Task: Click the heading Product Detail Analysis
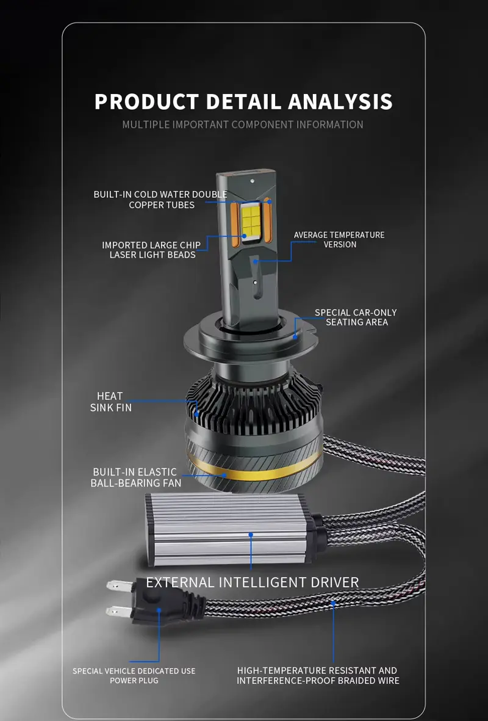(x=243, y=101)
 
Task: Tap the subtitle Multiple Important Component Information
(x=243, y=125)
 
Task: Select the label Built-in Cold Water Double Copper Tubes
(x=160, y=200)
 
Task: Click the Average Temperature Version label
(x=339, y=239)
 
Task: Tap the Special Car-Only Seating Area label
(x=356, y=317)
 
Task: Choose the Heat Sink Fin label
(x=111, y=402)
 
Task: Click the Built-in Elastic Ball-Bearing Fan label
(x=136, y=477)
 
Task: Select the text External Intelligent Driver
(x=253, y=582)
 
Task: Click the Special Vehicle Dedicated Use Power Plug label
(x=134, y=675)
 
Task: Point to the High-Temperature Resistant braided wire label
(x=318, y=675)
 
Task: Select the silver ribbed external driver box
(x=234, y=529)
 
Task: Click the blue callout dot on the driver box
(x=251, y=535)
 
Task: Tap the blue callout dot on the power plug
(x=159, y=610)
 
